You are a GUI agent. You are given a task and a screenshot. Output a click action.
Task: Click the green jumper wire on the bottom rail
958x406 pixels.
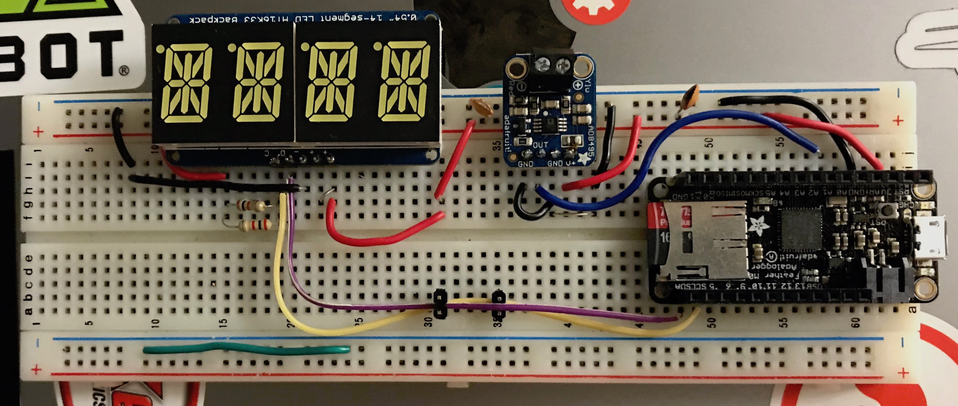click(x=245, y=350)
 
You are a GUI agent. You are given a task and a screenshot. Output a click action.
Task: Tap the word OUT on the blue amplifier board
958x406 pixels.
click(x=540, y=145)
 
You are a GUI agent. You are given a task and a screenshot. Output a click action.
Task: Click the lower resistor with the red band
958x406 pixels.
click(x=255, y=225)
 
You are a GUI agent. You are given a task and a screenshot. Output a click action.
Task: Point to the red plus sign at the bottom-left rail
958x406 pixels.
click(x=36, y=370)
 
